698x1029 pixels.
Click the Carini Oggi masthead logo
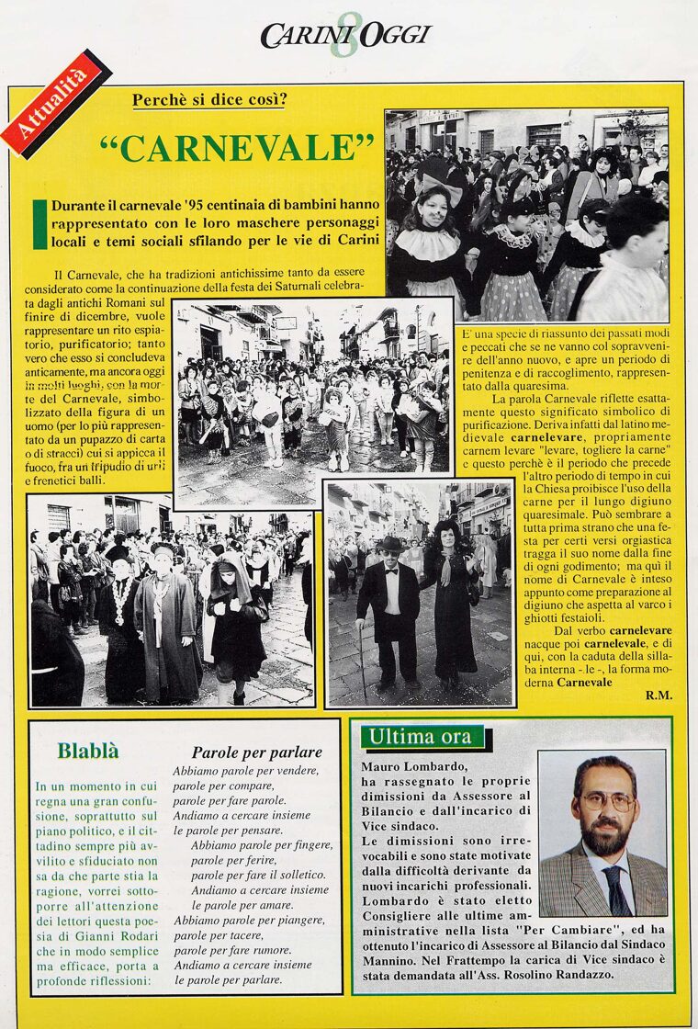tap(344, 36)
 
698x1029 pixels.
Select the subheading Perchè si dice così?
tap(208, 100)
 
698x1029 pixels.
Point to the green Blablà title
tap(88, 751)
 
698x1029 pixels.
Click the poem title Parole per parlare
tap(257, 752)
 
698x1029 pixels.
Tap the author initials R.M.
tap(659, 695)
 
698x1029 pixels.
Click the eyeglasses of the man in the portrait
tap(606, 801)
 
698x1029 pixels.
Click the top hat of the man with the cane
tap(390, 543)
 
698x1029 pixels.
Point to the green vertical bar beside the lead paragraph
tap(39, 223)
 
